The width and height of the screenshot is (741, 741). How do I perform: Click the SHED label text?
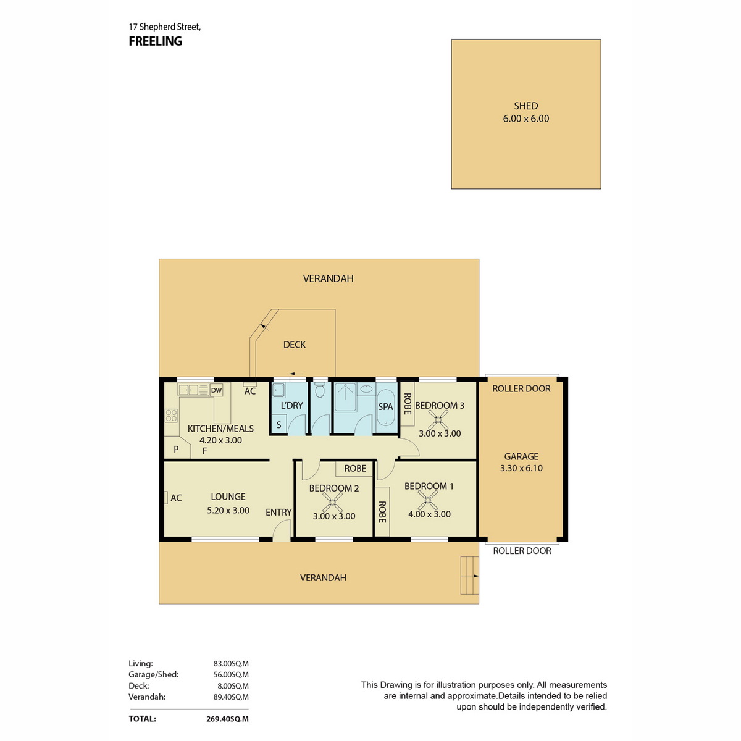pyautogui.click(x=525, y=106)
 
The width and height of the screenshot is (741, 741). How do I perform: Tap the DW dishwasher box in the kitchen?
pyautogui.click(x=217, y=390)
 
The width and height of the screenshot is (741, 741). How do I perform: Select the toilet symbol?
pyautogui.click(x=319, y=390)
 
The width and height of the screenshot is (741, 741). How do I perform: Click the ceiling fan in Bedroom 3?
pyautogui.click(x=438, y=419)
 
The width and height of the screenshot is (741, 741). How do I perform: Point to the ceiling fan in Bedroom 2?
pyautogui.click(x=332, y=503)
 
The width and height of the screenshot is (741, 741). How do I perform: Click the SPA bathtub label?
pyautogui.click(x=385, y=407)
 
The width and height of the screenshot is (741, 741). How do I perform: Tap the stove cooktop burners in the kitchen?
pyautogui.click(x=172, y=416)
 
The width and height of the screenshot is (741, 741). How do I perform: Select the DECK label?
pyautogui.click(x=294, y=345)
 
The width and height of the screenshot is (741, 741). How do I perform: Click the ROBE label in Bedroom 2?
pyautogui.click(x=355, y=468)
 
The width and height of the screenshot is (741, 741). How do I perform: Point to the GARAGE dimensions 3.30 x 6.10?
pyautogui.click(x=521, y=468)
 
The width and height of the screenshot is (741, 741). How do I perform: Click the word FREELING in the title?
pyautogui.click(x=156, y=41)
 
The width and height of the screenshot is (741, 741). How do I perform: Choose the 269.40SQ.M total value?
pyautogui.click(x=227, y=719)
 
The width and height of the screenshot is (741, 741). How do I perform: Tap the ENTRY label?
pyautogui.click(x=278, y=512)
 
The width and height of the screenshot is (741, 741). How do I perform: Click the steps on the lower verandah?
pyautogui.click(x=469, y=576)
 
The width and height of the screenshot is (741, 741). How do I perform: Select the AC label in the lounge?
pyautogui.click(x=176, y=498)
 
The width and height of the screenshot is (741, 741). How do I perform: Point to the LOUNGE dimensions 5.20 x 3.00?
pyautogui.click(x=228, y=511)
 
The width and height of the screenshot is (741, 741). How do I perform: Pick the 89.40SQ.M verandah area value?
pyautogui.click(x=231, y=697)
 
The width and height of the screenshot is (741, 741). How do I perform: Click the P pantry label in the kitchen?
pyautogui.click(x=176, y=449)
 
